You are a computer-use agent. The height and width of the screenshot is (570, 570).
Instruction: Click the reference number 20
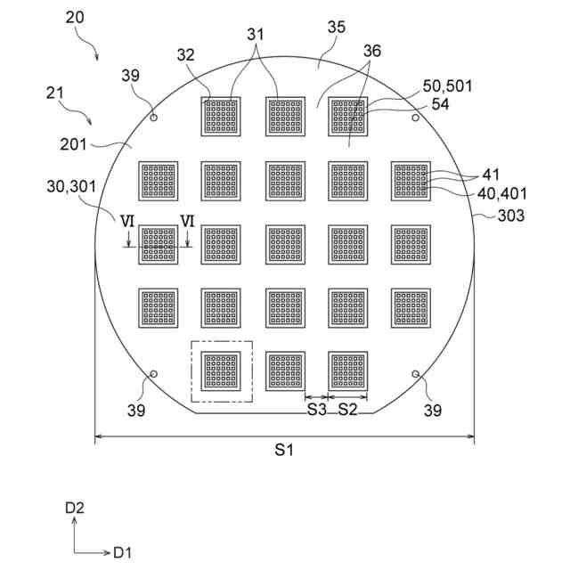point(76,18)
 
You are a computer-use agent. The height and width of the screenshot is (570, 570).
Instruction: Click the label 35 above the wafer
point(336,28)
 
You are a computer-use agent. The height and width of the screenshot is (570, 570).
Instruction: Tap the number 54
point(439,104)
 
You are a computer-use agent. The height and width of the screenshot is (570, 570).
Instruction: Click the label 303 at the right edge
point(511,215)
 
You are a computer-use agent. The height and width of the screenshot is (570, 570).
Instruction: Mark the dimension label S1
point(283,452)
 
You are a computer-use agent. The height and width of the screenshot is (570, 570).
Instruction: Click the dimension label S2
point(347,410)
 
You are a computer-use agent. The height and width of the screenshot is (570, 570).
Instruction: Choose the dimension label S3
point(317,410)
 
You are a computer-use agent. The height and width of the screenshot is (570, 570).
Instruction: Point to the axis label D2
point(74,508)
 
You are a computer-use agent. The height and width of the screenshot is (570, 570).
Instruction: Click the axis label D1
point(122,553)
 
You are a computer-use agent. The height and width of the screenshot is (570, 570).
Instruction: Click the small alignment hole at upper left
point(153,117)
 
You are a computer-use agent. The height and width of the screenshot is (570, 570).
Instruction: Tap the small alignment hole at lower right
point(415,373)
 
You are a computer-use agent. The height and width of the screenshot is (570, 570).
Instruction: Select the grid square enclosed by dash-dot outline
point(222,371)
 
